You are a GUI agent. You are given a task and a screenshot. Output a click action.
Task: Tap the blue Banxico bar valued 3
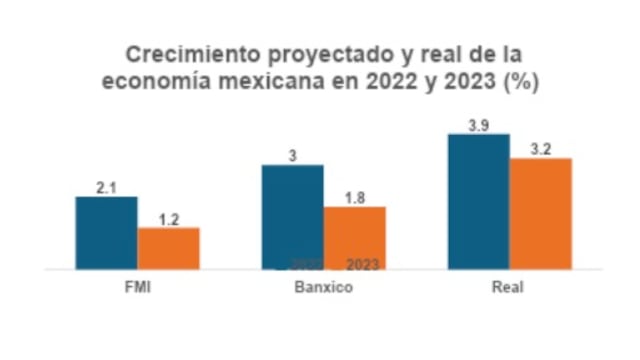click(292, 215)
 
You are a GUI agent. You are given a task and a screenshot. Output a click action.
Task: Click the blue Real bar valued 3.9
click(478, 201)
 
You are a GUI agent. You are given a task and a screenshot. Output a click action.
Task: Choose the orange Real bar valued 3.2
click(540, 213)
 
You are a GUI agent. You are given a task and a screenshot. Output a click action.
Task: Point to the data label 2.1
click(107, 187)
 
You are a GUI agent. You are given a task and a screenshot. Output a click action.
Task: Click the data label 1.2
click(168, 219)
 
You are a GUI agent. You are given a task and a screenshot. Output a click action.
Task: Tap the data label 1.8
click(354, 198)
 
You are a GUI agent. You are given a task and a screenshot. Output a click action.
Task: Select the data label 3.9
click(479, 125)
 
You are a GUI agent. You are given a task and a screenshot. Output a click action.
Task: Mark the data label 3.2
click(540, 149)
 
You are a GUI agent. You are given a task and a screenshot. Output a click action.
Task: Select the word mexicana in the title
click(260, 82)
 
